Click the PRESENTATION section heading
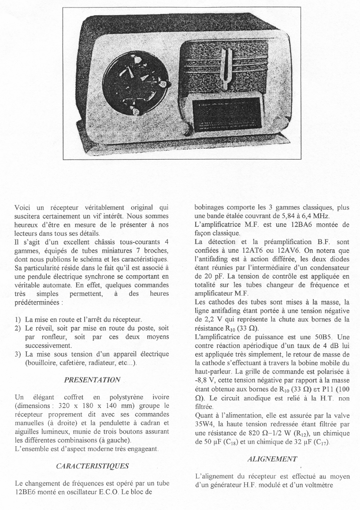click(x=92, y=379)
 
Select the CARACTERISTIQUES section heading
click(x=92, y=466)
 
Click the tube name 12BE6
click(x=26, y=492)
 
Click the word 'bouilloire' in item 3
click(x=42, y=362)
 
